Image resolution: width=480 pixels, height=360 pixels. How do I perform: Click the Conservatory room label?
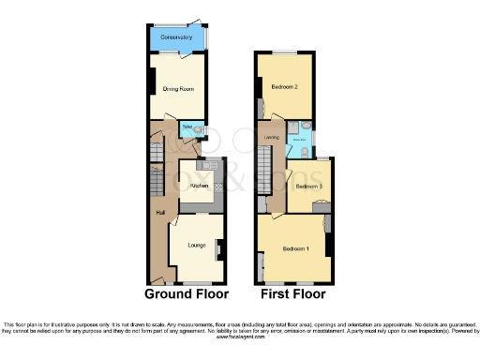coord(176,37)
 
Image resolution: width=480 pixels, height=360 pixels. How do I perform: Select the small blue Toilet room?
coord(188,127)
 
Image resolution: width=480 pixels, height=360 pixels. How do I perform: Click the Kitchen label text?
coord(198,187)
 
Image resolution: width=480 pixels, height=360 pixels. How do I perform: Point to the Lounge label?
coord(196,246)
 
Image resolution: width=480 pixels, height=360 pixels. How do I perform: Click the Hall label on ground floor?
coord(158,212)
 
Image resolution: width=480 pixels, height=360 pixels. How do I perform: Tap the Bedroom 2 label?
coord(285,86)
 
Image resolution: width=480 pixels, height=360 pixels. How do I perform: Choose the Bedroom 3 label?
coord(308,186)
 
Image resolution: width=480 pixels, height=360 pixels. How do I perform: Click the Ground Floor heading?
coord(187,293)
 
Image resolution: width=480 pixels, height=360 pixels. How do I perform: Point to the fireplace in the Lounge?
coord(218,249)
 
